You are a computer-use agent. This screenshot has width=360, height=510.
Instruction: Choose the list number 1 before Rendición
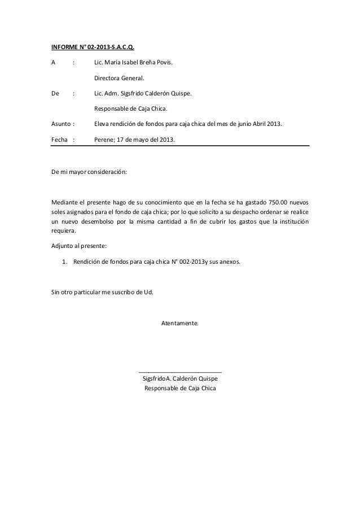tap(64, 262)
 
